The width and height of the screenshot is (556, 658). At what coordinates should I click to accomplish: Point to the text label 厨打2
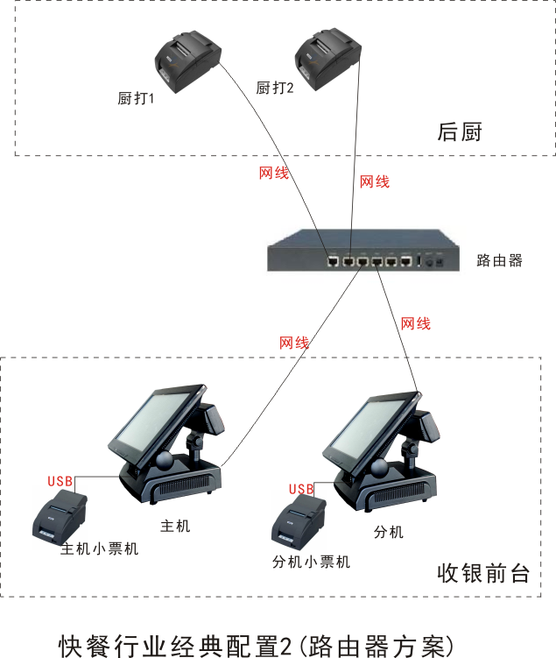coord(274,88)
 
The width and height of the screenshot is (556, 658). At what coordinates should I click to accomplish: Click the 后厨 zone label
coord(460,132)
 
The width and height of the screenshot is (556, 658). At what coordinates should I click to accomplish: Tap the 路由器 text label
coord(499,260)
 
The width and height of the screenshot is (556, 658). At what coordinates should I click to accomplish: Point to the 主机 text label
coord(175,526)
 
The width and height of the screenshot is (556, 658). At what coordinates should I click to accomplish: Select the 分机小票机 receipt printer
coord(298,522)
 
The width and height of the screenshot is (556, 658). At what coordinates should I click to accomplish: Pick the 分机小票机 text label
coord(311,562)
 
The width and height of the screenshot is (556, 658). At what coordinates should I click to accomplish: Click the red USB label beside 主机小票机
coord(60,481)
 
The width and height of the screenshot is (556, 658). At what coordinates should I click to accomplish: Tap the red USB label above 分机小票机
coord(300,489)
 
